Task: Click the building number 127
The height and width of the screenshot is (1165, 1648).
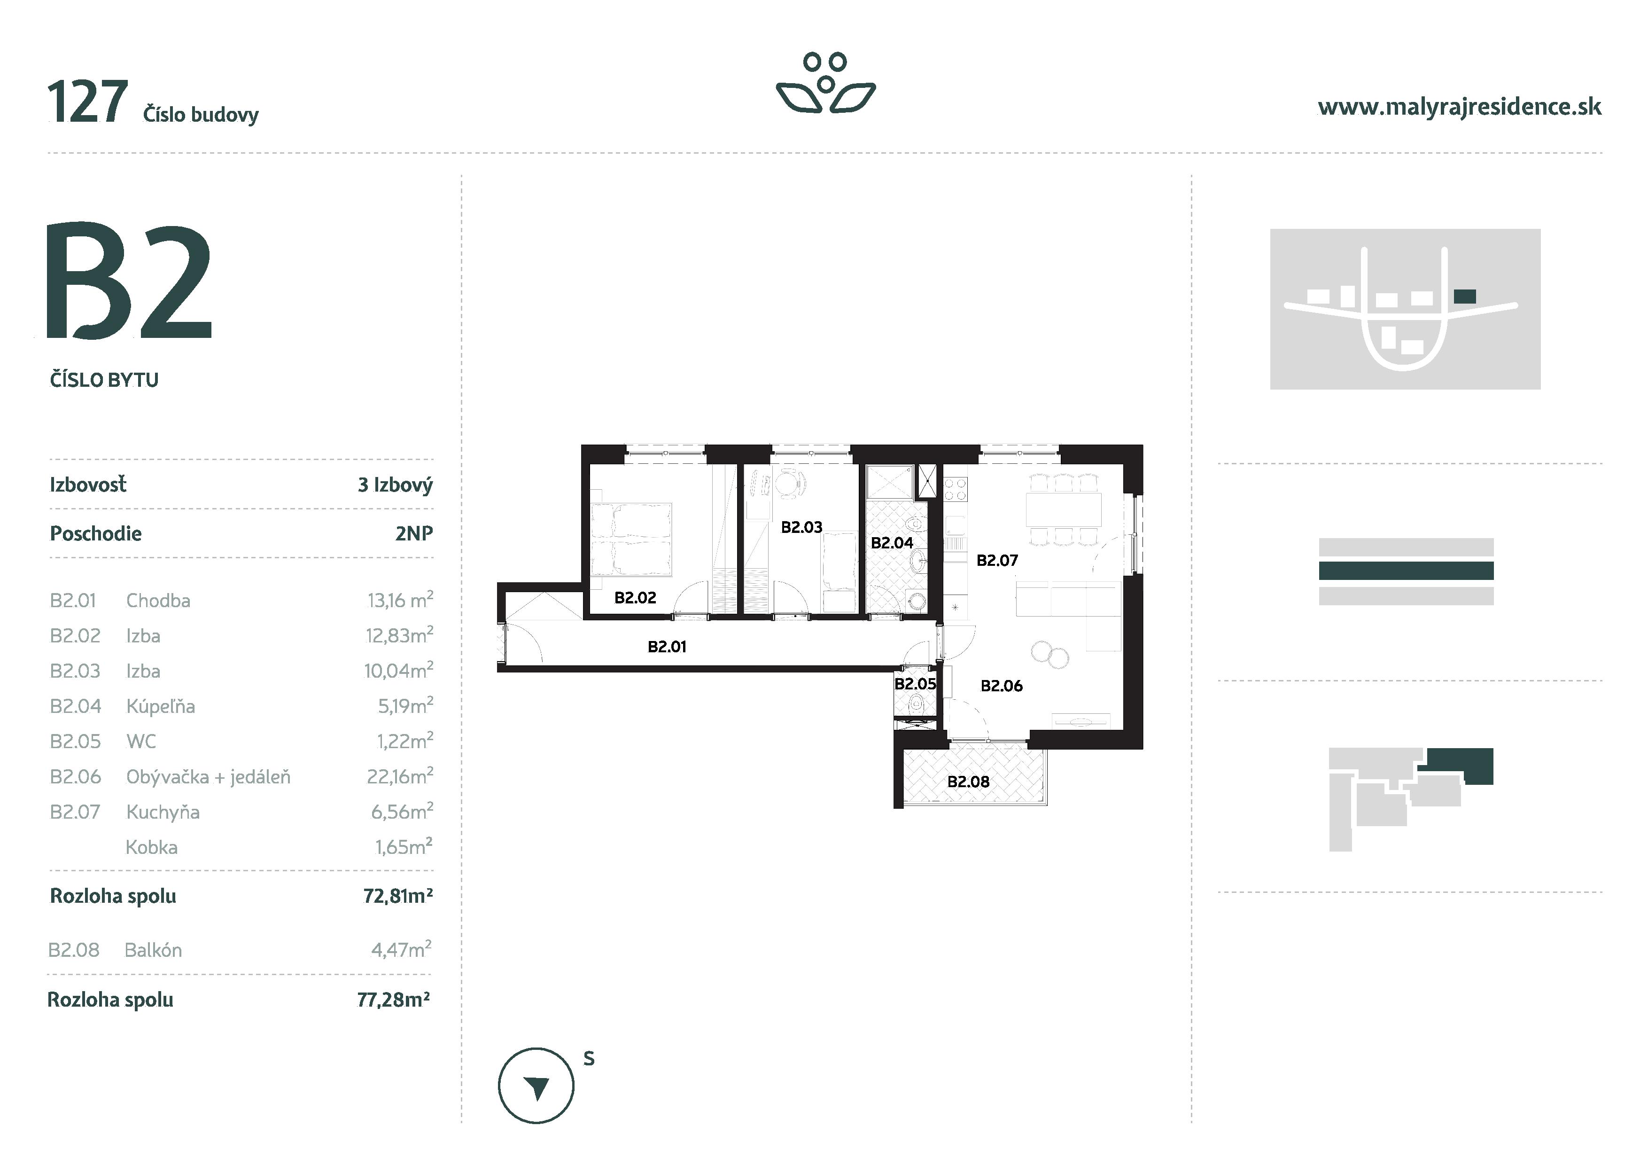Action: pos(87,102)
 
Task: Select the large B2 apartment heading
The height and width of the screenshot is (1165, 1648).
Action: pos(129,281)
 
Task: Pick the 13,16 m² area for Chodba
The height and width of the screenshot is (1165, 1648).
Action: pos(400,600)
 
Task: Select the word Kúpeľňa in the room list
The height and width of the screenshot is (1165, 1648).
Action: pos(160,706)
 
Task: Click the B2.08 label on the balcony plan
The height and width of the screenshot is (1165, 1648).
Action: pos(968,782)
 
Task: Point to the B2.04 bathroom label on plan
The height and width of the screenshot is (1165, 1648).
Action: pos(892,543)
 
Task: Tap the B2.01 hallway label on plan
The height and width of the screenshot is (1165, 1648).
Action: pos(667,647)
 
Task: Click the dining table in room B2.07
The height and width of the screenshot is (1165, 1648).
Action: pos(1063,509)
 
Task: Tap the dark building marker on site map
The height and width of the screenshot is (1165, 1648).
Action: pos(1464,296)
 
